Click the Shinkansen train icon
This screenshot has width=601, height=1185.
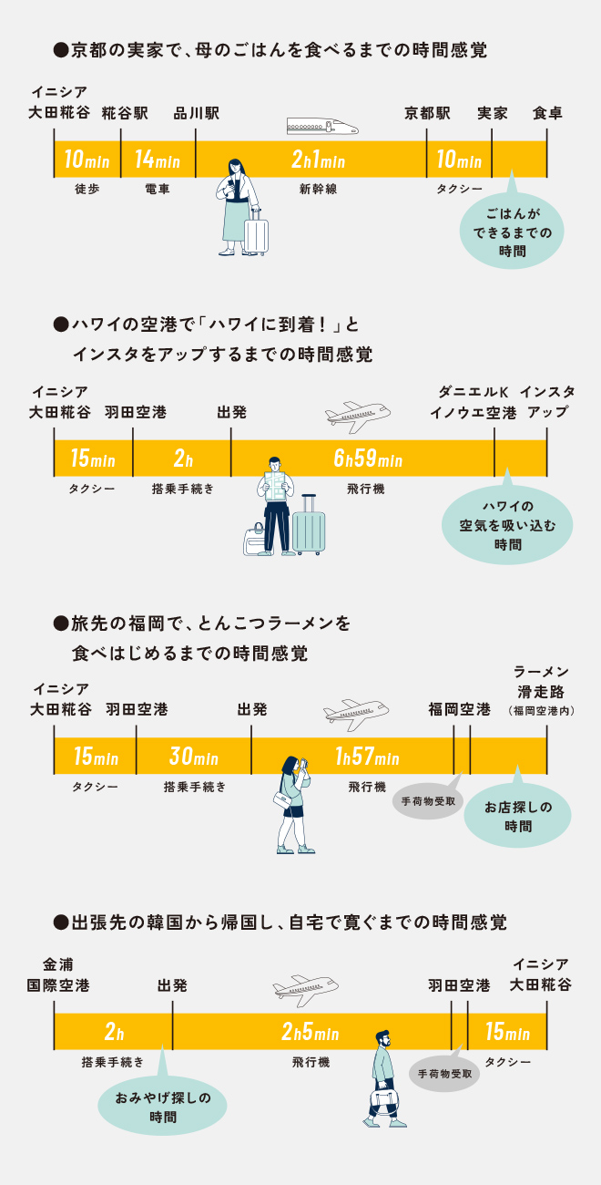coord(321,127)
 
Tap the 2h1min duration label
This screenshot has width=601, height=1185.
coord(318,160)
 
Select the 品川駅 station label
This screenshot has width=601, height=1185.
coord(197,114)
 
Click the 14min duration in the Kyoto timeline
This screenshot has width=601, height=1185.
coord(157,160)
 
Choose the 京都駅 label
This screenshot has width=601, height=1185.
coord(428,114)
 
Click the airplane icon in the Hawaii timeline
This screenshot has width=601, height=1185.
coord(358,414)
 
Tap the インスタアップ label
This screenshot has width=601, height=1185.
coord(547,402)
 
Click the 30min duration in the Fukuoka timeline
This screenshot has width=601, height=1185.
coord(193,756)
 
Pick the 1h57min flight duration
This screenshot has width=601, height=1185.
coord(367,756)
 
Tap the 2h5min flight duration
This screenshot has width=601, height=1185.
coord(311,1033)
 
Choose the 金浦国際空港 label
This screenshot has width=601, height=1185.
coord(59,975)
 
